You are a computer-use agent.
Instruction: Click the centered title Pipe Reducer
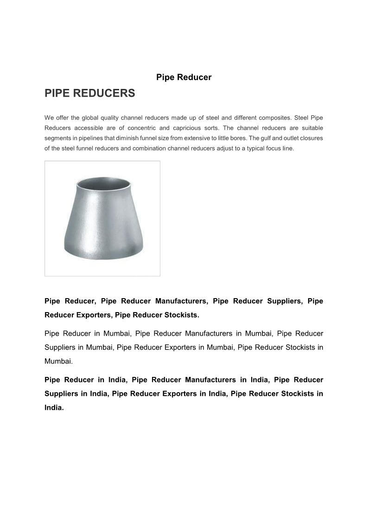pos(184,77)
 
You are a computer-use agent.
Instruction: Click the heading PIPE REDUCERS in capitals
pos(89,94)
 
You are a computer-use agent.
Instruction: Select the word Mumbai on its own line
pos(58,361)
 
